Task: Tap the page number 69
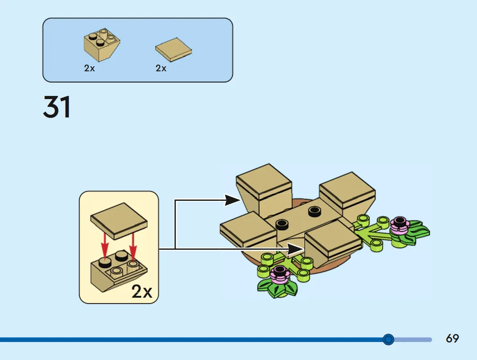click(x=452, y=338)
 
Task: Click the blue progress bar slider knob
click(x=388, y=339)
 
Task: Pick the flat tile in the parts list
click(x=173, y=49)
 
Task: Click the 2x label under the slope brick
click(x=89, y=68)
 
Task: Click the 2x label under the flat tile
click(x=161, y=68)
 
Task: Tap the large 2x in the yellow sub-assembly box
click(x=142, y=291)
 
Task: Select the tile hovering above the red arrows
click(x=118, y=221)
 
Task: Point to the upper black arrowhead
click(x=233, y=200)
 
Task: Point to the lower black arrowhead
click(x=296, y=249)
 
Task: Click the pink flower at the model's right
click(x=400, y=225)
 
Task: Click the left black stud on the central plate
click(x=282, y=225)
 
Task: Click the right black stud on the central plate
click(x=315, y=211)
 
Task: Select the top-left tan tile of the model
click(x=264, y=182)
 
